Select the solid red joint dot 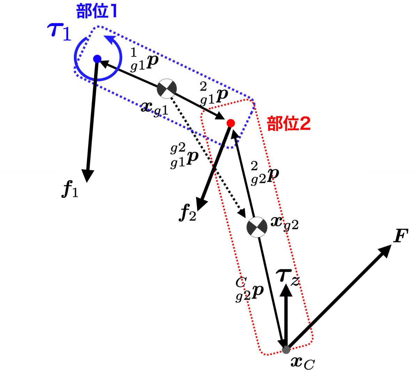[230, 123]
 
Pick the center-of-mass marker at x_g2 [257, 227]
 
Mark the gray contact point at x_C [286, 349]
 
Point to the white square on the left [28, 144]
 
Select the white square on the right [390, 144]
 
